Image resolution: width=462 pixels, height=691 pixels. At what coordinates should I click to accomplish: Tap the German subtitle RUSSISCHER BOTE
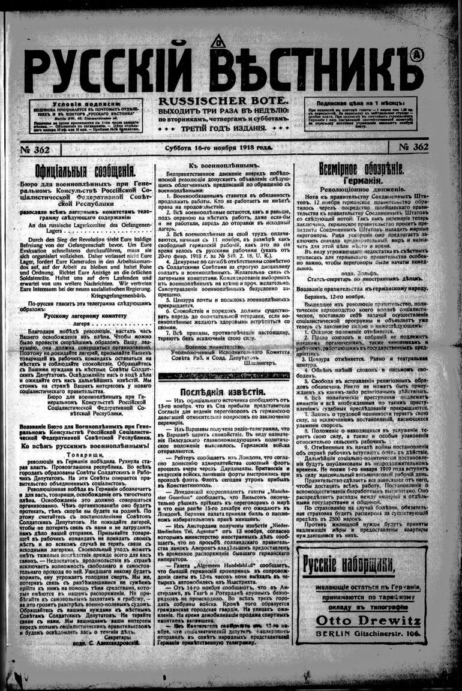pos(223,102)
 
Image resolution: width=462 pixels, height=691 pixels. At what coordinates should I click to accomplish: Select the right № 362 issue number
pos(413,148)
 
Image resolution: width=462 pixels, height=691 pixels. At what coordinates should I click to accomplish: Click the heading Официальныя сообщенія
pos(84,170)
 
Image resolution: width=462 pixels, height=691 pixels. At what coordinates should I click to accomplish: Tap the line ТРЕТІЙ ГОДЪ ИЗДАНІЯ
pos(223,128)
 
